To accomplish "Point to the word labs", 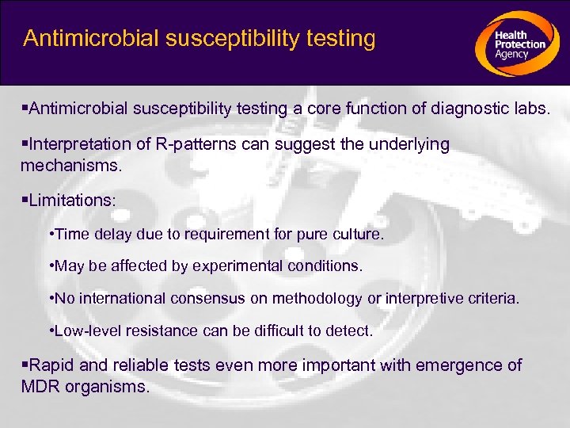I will (x=530, y=109).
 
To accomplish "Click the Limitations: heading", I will (x=70, y=201).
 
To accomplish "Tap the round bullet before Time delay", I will (x=51, y=235).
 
